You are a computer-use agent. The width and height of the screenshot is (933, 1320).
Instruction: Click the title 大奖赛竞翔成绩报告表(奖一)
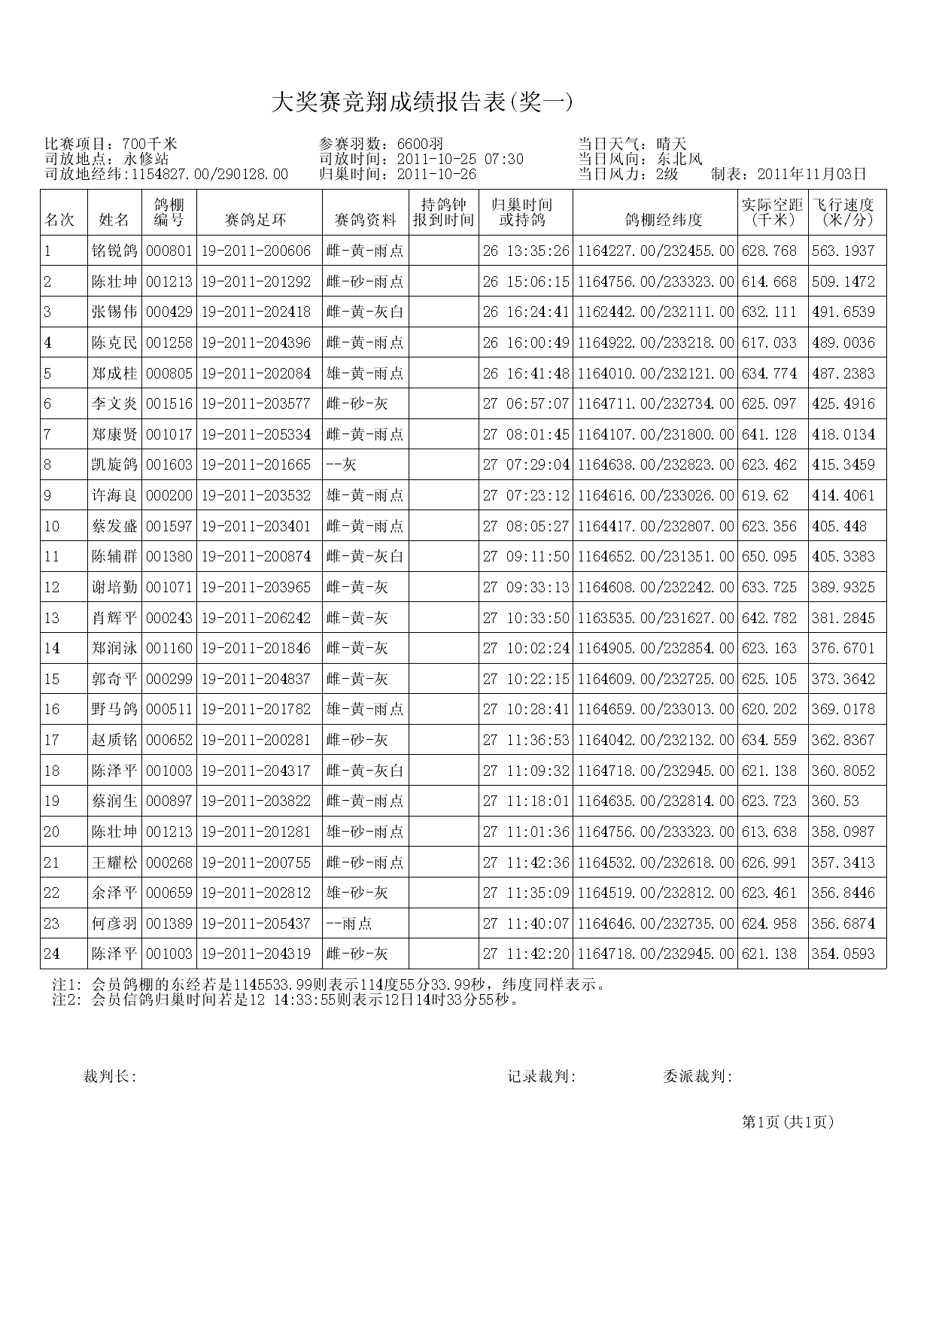point(421,103)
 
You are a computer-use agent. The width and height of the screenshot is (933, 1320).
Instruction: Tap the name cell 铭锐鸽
point(114,251)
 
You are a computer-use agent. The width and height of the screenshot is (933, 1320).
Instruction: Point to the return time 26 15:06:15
point(526,281)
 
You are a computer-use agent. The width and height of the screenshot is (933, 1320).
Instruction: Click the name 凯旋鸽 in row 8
point(114,464)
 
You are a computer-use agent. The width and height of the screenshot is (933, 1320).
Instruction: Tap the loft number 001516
point(169,403)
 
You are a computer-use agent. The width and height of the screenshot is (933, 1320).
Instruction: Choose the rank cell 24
point(51,954)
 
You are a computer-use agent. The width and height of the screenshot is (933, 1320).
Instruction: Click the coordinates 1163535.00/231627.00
point(655,618)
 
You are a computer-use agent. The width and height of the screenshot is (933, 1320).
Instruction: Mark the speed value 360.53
point(835,801)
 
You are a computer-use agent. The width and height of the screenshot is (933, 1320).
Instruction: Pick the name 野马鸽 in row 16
point(114,709)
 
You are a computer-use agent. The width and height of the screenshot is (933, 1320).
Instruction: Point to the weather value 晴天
point(671,144)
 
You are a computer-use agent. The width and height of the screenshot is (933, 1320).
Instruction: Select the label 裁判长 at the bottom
point(109,1077)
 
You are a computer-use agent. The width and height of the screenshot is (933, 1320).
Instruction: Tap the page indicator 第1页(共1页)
point(788,1122)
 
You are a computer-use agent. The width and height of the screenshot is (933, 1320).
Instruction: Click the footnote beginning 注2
point(286,1000)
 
